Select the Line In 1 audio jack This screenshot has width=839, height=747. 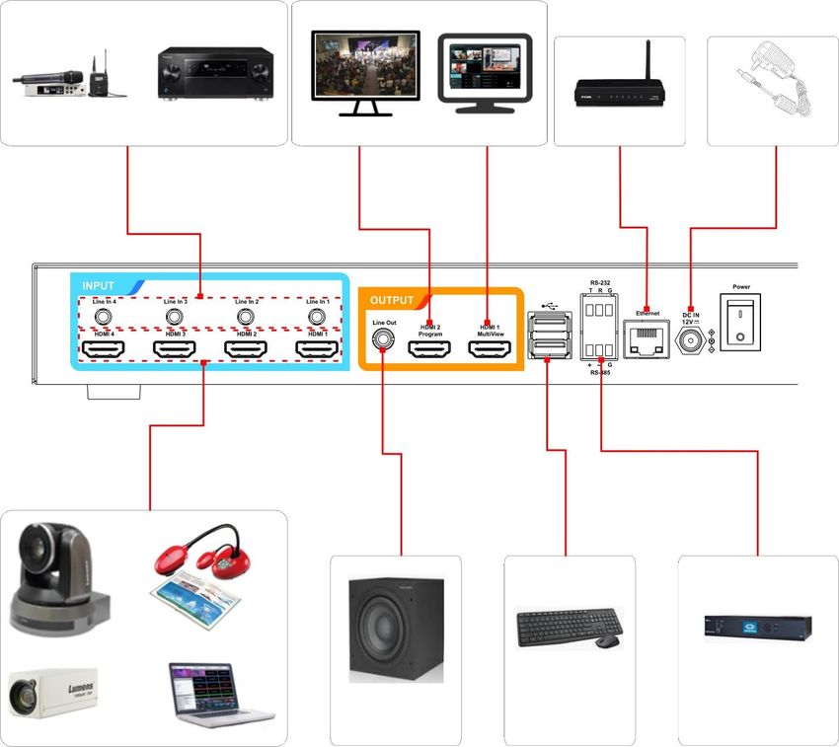click(317, 317)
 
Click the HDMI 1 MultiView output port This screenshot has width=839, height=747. click(491, 349)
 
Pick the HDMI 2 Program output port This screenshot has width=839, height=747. click(430, 349)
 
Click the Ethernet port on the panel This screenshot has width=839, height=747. click(647, 341)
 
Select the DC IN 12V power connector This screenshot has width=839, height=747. click(690, 340)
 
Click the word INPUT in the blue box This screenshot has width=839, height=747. click(99, 285)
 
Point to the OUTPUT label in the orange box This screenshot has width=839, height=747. click(391, 300)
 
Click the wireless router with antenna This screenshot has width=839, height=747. click(619, 89)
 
